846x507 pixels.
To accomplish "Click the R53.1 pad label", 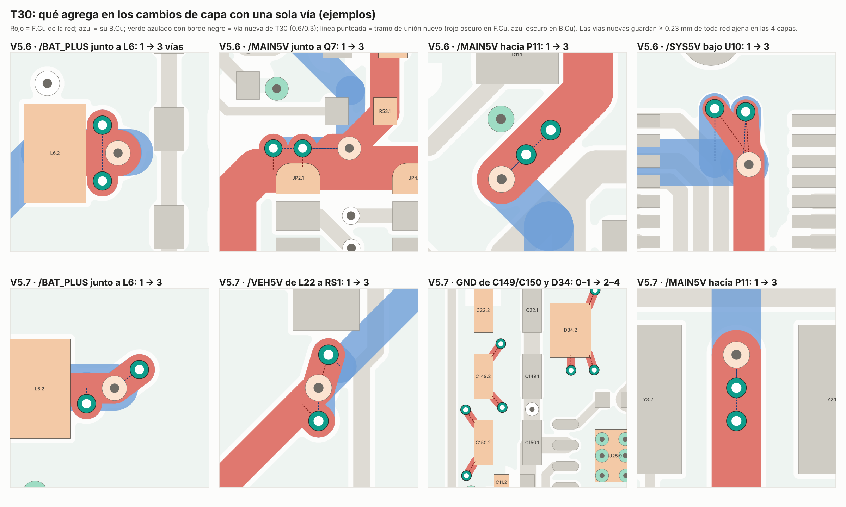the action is (x=385, y=111).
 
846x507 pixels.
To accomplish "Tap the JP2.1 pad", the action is (x=298, y=179).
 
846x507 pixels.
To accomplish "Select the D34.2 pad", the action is (x=570, y=330).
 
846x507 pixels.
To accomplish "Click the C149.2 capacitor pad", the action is (x=483, y=376).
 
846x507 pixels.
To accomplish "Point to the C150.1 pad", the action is (x=532, y=442).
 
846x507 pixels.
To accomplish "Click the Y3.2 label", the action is (x=648, y=400).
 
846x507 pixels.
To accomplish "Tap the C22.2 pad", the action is (x=483, y=311).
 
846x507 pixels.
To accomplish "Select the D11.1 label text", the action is (x=517, y=55).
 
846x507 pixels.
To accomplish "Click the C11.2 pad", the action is (x=501, y=481).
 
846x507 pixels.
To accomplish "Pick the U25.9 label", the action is (x=615, y=456).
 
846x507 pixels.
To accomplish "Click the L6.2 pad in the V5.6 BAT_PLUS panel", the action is (x=55, y=153).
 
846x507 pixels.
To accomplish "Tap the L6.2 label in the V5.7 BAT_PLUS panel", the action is (x=39, y=389).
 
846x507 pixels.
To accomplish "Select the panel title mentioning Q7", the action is (x=292, y=47).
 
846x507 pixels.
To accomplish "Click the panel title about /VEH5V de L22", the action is (x=294, y=282).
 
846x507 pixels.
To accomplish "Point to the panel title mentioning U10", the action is (x=703, y=47).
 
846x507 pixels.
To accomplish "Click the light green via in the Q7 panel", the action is (x=277, y=89).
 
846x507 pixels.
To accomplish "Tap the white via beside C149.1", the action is (x=532, y=409).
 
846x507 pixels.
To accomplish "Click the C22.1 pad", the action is (x=532, y=311).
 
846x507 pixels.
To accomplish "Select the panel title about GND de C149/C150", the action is (x=523, y=282).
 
